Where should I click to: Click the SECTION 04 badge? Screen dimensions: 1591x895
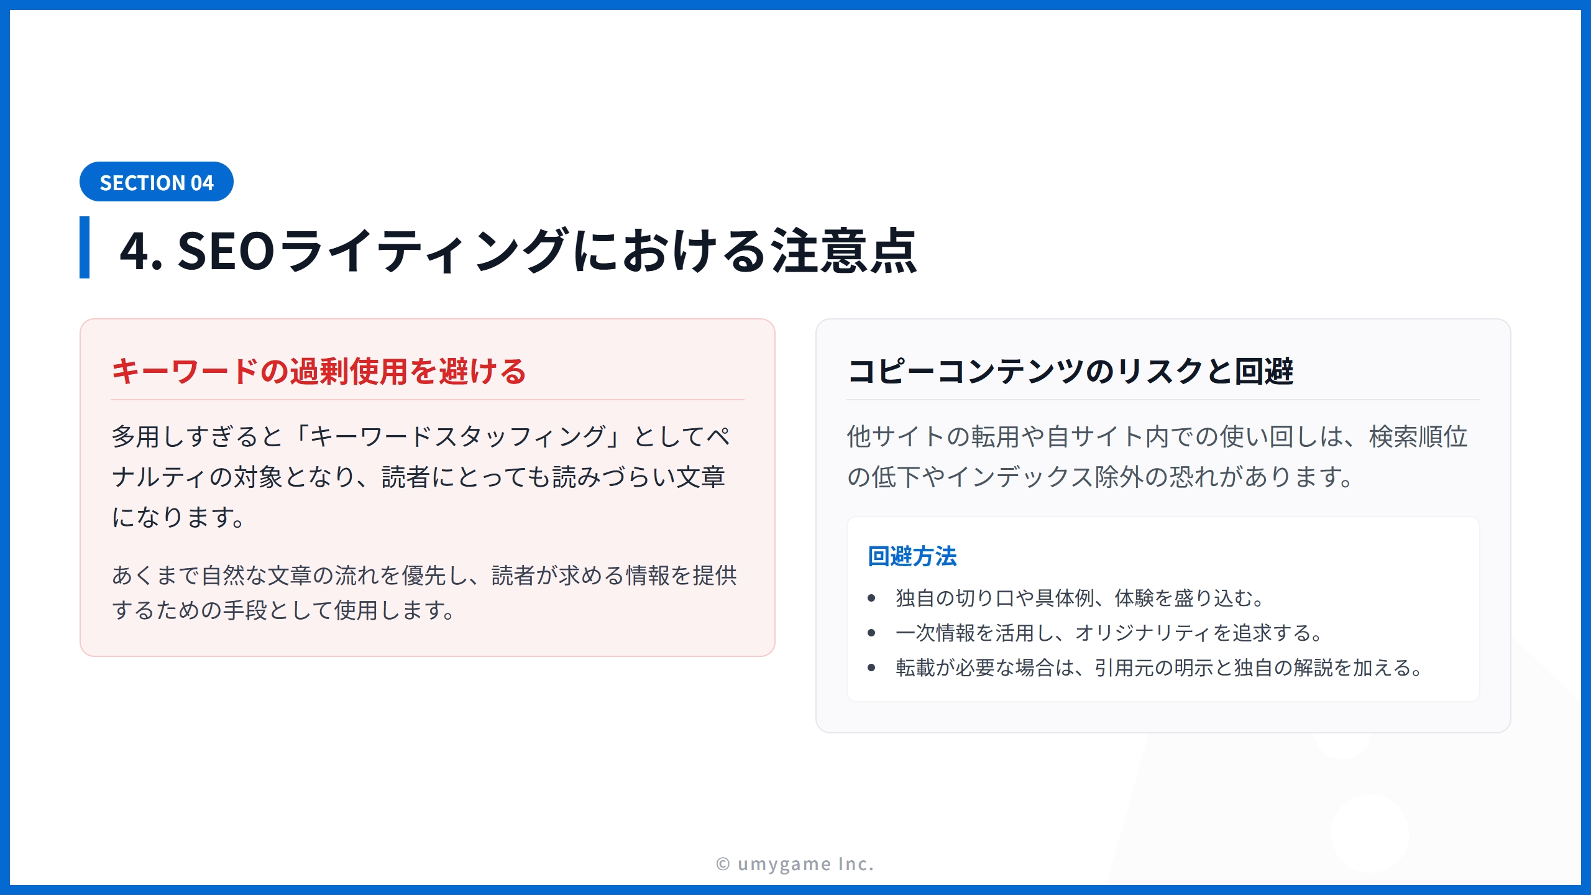157,181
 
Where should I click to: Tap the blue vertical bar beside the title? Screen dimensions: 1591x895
85,247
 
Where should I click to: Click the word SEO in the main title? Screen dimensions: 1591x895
226,250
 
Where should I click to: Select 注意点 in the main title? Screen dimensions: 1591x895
844,250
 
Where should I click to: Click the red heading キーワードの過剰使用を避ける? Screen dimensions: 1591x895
319,371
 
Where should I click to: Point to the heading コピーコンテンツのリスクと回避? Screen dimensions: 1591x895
1070,371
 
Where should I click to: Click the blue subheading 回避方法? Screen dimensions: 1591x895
912,556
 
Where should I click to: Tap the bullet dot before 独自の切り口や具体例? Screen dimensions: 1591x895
871,598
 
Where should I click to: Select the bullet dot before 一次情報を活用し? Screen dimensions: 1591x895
871,633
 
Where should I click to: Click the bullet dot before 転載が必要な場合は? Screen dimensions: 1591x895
871,668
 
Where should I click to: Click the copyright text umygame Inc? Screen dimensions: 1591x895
805,864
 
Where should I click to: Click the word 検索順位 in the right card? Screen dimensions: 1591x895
1418,436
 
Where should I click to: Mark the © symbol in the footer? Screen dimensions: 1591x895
723,864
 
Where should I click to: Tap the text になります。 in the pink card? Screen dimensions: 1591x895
178,517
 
